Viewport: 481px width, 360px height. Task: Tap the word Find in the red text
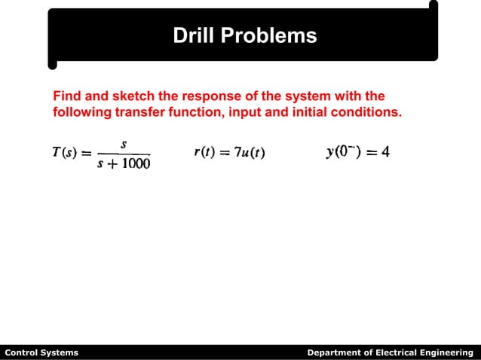point(66,96)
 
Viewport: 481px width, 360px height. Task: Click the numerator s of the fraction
point(123,144)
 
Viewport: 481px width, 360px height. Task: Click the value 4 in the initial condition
point(384,152)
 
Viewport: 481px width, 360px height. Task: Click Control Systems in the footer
point(41,352)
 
